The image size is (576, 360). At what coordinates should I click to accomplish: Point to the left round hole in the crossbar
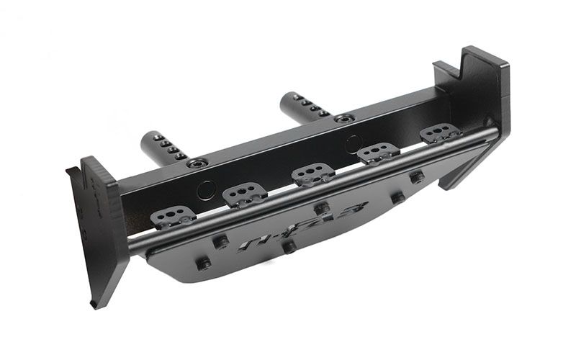tap(206, 189)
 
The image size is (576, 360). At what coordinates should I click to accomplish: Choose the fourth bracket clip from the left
tap(378, 153)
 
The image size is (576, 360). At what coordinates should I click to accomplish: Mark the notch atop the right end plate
tap(448, 71)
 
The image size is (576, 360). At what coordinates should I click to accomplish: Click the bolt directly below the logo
tap(289, 248)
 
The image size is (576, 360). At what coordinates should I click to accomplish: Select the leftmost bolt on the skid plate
tap(204, 264)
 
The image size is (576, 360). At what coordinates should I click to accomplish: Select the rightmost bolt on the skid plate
tap(417, 177)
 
